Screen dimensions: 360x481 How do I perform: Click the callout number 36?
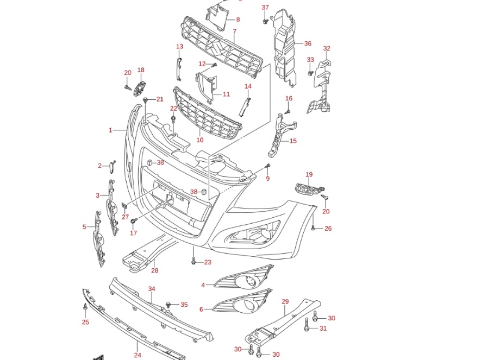308,43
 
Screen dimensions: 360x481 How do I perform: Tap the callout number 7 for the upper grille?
234,31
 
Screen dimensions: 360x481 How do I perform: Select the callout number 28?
154,270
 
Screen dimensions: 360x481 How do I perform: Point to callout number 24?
138,355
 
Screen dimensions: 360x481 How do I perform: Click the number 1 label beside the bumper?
110,130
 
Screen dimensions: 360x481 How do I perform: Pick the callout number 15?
293,141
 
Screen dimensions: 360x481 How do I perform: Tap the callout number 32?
327,48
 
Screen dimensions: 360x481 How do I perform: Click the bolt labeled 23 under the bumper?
193,262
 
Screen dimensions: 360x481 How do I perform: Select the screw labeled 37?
264,22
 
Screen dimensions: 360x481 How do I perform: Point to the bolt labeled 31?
307,327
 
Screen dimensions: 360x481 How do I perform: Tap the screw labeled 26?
314,228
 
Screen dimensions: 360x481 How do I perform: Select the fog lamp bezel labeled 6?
241,306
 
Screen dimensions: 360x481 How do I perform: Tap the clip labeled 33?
311,72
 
